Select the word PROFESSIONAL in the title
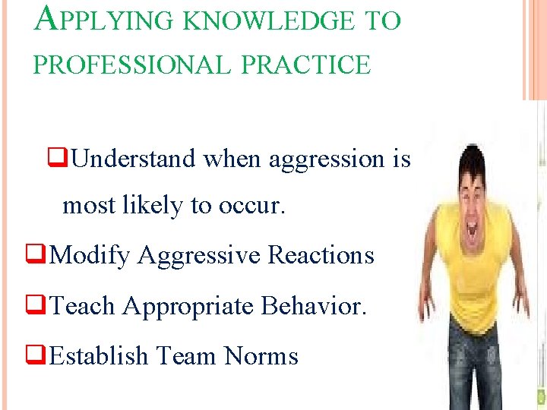click(x=131, y=65)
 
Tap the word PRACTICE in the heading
click(x=305, y=65)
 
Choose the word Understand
click(x=135, y=159)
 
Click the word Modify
click(x=90, y=255)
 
